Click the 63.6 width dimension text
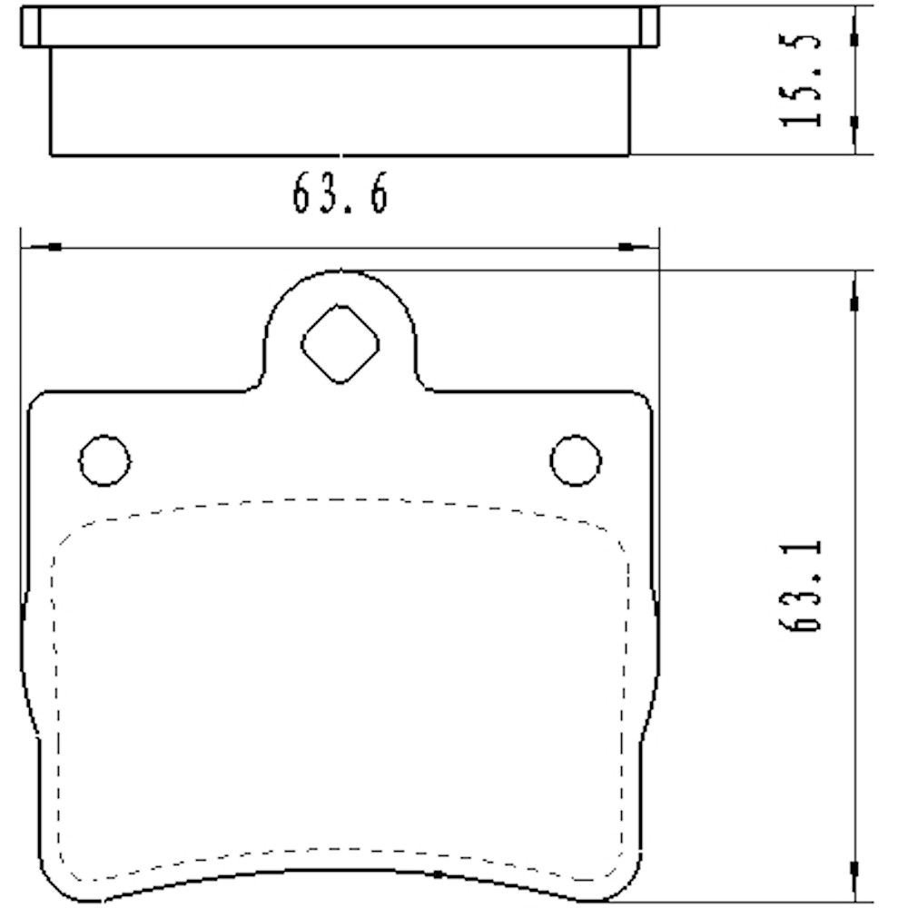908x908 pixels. pyautogui.click(x=340, y=194)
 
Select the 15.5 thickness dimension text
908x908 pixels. pyautogui.click(x=802, y=81)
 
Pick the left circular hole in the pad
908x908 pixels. pyautogui.click(x=104, y=459)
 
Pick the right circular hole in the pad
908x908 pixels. pyautogui.click(x=575, y=459)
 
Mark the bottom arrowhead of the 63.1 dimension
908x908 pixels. pyautogui.click(x=854, y=868)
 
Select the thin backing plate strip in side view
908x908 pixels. pyautogui.click(x=340, y=26)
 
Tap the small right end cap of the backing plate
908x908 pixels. pyautogui.click(x=648, y=26)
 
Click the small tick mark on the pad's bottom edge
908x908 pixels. pyautogui.click(x=438, y=873)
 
